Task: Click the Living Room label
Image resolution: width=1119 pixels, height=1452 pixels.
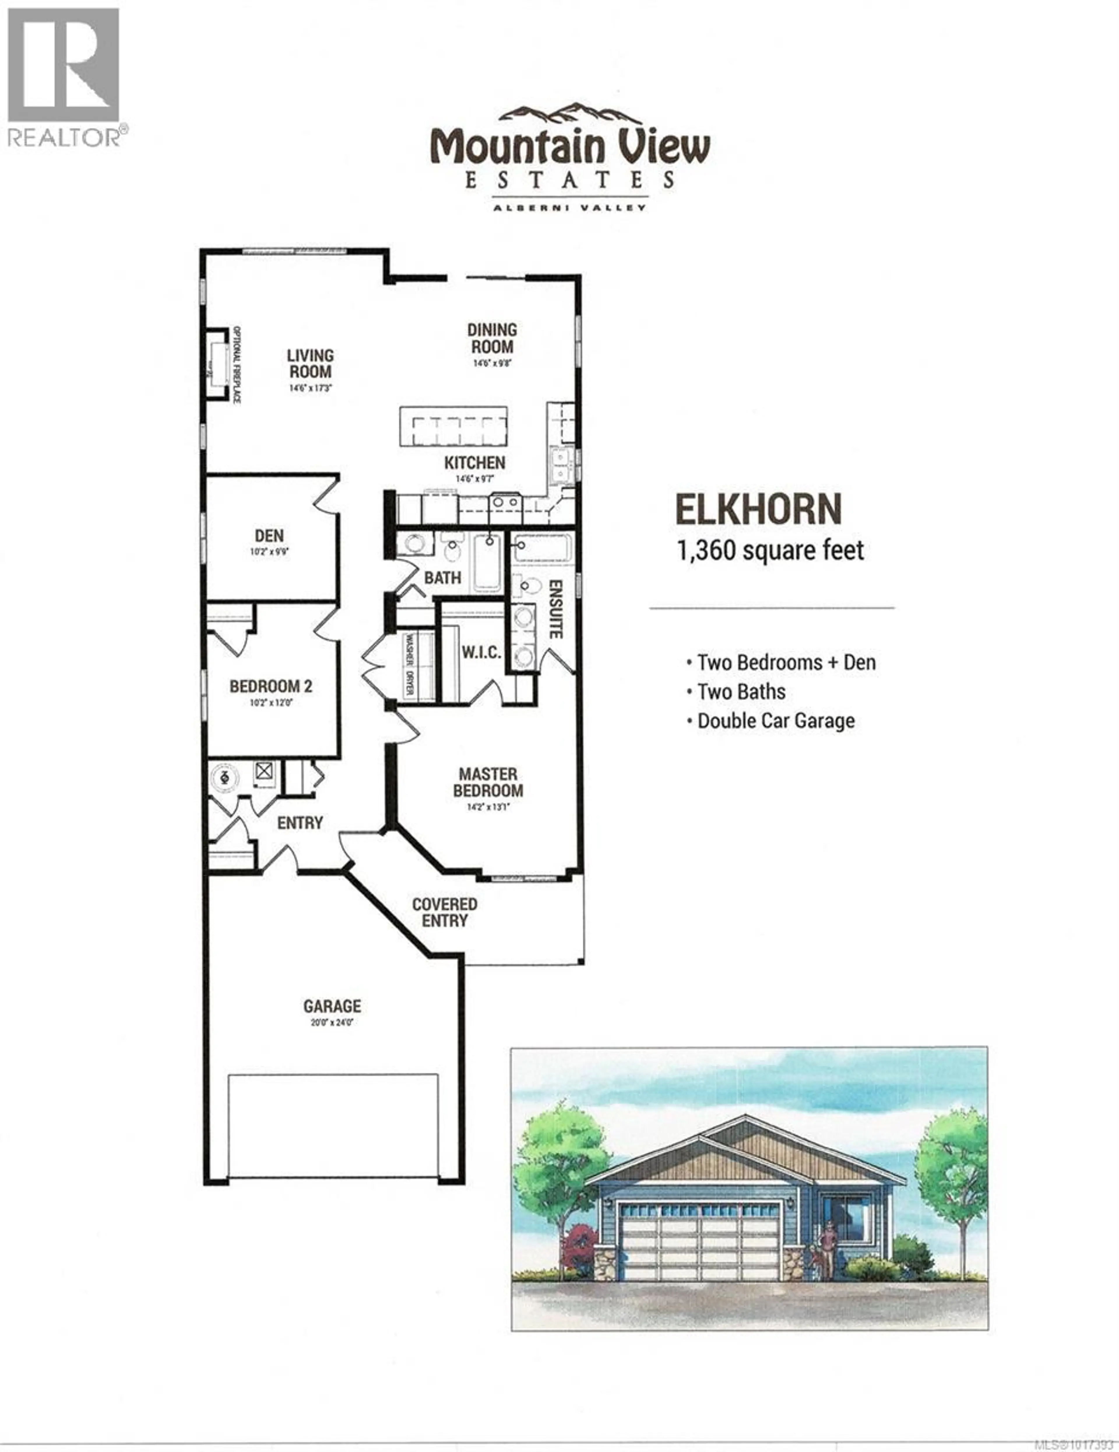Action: tap(310, 364)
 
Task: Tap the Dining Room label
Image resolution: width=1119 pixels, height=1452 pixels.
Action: tap(491, 338)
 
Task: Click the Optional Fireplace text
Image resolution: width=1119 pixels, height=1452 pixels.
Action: tap(235, 364)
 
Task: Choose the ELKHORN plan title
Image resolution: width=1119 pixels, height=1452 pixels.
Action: tap(758, 510)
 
